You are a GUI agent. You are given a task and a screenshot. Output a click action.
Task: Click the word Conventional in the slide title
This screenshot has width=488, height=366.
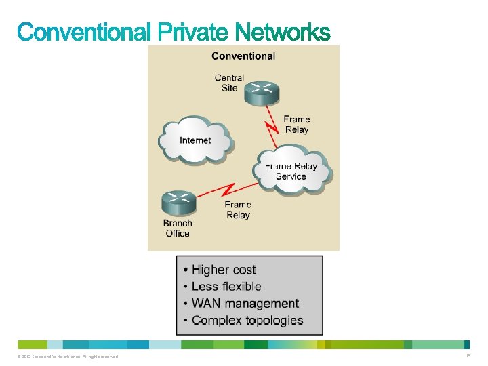(x=84, y=31)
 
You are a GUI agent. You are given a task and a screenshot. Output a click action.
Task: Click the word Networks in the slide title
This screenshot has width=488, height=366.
(x=283, y=31)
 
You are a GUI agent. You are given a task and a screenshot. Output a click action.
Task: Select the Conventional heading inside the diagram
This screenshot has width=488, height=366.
(x=243, y=56)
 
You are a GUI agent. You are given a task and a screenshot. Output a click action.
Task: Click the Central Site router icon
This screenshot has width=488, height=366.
(x=260, y=92)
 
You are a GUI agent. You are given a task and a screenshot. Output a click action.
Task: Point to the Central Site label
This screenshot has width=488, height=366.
(x=228, y=83)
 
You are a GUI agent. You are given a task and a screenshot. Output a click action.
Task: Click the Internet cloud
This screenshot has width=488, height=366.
(x=195, y=140)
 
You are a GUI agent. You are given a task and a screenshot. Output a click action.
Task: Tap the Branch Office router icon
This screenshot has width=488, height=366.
(x=179, y=201)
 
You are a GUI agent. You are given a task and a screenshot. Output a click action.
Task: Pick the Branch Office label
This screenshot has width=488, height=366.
(x=178, y=228)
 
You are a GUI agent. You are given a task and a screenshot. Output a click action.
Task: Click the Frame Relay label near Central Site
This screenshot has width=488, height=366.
(x=296, y=124)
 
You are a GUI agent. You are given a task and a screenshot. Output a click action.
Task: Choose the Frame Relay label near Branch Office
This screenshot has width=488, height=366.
(x=237, y=209)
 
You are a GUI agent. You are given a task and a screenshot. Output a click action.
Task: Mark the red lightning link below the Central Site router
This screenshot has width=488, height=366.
(x=272, y=127)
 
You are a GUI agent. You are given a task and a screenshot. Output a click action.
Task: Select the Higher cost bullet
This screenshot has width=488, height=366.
(x=224, y=270)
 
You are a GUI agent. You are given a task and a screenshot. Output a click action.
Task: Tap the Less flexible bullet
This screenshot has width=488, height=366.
(x=226, y=287)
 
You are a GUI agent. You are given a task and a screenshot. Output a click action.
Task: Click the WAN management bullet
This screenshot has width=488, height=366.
(x=245, y=304)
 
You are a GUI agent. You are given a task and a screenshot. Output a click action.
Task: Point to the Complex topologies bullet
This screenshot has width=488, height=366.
(x=247, y=320)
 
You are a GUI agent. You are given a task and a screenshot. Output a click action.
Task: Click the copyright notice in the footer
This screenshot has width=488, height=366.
(x=67, y=357)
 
